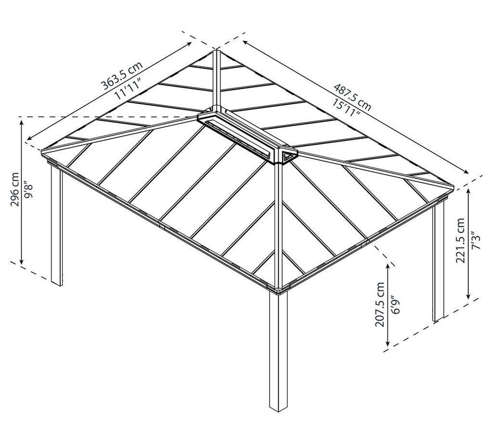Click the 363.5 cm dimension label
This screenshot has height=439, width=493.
(x=121, y=76)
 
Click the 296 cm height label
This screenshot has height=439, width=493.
(x=14, y=189)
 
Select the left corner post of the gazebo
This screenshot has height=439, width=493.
(x=56, y=226)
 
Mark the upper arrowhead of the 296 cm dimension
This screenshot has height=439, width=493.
(x=22, y=122)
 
